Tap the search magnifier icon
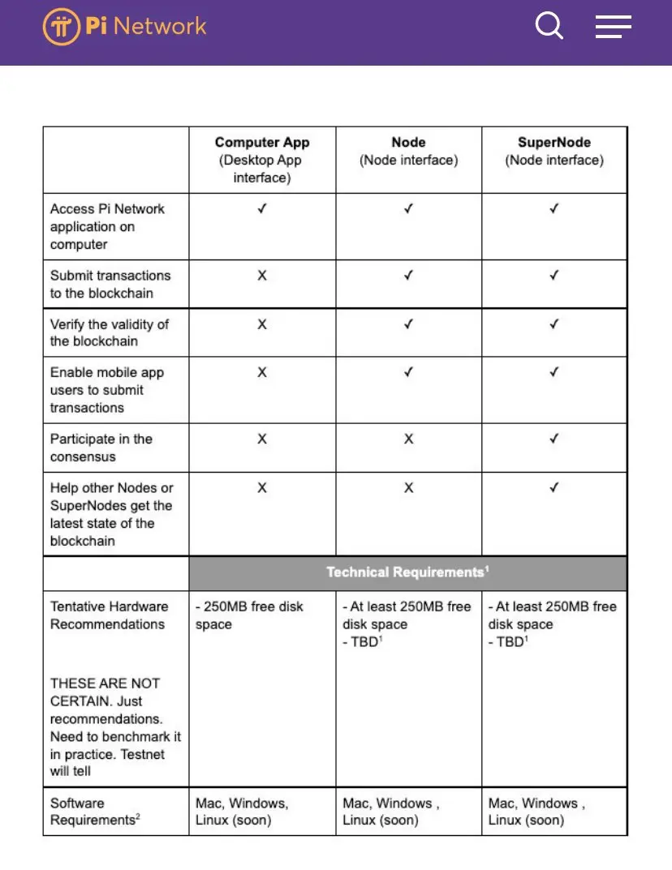pos(549,26)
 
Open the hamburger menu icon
pos(613,27)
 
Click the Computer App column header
pos(262,159)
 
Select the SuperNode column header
pos(554,151)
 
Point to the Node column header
pos(408,151)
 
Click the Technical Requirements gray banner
pos(407,572)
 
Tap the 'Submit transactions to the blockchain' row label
pos(110,284)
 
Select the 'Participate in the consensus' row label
pos(101,448)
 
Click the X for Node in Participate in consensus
pos(408,439)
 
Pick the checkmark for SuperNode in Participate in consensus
pos(554,439)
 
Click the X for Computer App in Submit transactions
pos(262,276)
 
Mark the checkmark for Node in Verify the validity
pos(408,324)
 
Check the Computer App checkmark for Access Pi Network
pos(262,209)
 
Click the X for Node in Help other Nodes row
pos(408,488)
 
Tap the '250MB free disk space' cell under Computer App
pos(249,615)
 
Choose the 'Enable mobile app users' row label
pos(107,390)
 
